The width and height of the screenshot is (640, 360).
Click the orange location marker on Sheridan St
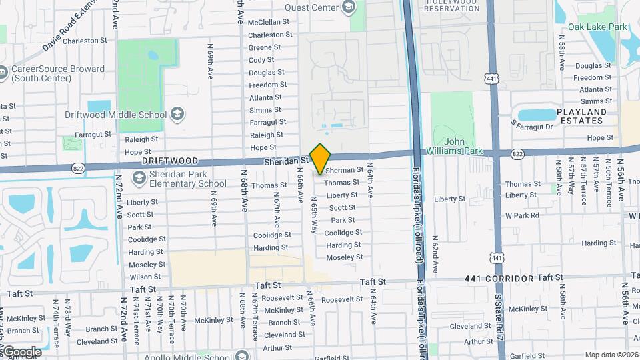(321, 159)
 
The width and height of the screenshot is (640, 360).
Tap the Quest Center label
(311, 8)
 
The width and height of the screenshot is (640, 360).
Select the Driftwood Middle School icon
(177, 114)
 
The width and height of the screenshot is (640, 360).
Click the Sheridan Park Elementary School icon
(139, 177)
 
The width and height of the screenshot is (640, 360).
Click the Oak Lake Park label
(597, 27)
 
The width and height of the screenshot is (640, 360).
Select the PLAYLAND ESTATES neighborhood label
(573, 116)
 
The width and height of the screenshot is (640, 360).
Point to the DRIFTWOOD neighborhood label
(170, 161)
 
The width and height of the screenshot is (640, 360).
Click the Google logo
(21, 352)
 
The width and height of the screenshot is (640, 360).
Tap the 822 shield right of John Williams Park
(517, 154)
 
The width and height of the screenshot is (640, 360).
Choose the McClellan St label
(269, 22)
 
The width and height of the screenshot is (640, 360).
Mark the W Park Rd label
(521, 215)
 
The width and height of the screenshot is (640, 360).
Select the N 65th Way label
(313, 215)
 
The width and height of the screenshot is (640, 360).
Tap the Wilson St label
(145, 277)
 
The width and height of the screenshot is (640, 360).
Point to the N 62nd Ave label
(435, 254)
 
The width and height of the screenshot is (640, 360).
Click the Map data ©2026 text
(611, 355)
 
